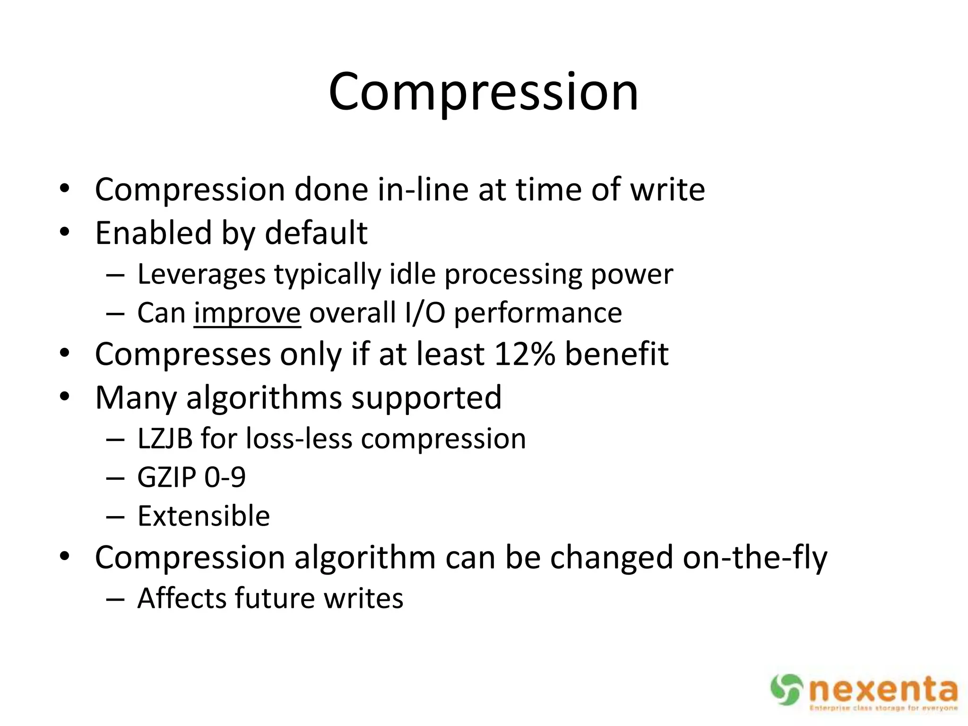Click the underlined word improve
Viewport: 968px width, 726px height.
(x=247, y=313)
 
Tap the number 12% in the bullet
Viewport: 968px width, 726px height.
(x=525, y=354)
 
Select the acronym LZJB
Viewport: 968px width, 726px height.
(x=165, y=439)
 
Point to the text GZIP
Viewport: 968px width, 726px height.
(x=166, y=477)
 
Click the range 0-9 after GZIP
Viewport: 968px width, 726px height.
(x=225, y=477)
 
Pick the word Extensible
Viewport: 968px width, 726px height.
(x=204, y=516)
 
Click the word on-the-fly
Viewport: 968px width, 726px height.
(x=755, y=558)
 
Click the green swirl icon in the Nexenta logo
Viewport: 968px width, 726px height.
(x=786, y=690)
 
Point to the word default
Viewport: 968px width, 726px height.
(x=316, y=233)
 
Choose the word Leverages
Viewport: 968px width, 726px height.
(x=201, y=274)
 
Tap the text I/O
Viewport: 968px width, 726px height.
(x=425, y=313)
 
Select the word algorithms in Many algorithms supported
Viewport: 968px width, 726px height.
(x=264, y=398)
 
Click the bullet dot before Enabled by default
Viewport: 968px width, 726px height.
(x=65, y=232)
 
